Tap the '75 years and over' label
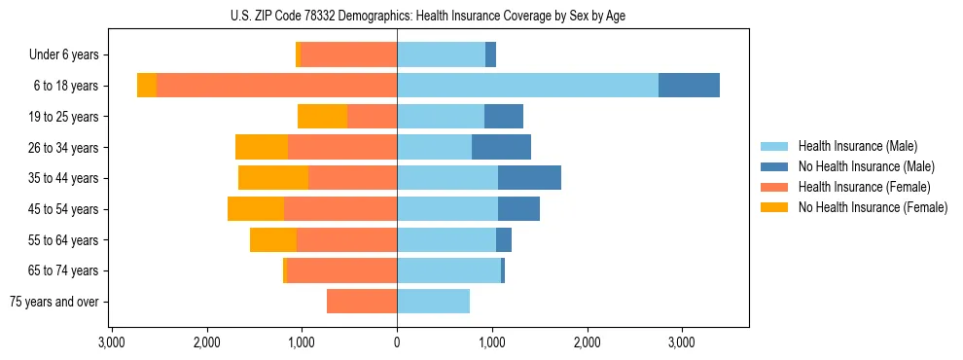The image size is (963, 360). coord(54,302)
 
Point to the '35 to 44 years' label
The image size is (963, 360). coord(64,179)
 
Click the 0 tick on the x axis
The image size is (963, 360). coord(397,343)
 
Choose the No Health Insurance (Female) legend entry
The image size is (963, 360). coord(873,207)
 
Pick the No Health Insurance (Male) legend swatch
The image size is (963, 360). coord(774,166)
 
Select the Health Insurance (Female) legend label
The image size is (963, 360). coord(864,187)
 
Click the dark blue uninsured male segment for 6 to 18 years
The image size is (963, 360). coord(689,86)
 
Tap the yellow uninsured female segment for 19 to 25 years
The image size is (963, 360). coord(322,117)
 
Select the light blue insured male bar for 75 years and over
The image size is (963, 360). coord(433,302)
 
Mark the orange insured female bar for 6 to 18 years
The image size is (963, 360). coord(276,86)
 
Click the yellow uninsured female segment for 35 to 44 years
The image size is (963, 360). coord(273,178)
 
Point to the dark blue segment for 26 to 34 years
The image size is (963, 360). coord(501,148)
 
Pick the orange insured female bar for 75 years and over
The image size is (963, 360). coord(362,302)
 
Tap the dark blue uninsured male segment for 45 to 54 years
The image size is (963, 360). coord(518,209)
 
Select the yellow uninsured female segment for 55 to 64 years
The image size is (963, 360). coord(273,240)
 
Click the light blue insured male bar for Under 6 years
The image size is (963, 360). coord(441,55)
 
